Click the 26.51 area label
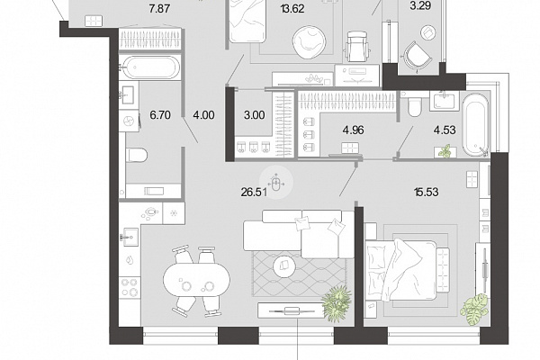tap(254, 192)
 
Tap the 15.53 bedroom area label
tap(427, 192)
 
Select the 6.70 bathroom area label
tap(160, 115)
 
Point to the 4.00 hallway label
tap(204, 115)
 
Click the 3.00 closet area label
tap(255, 115)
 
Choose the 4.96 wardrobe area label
tap(354, 130)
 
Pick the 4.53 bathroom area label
tap(445, 130)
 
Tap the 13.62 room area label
tap(292, 9)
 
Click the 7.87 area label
tap(159, 9)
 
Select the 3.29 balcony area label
tap(421, 6)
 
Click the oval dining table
tap(196, 280)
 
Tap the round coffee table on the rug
tap(284, 265)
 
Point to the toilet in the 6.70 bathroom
tap(137, 155)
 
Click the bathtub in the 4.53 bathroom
tap(475, 125)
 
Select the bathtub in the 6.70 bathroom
tap(151, 67)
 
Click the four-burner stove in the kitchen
tap(130, 287)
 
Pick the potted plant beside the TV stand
tap(337, 303)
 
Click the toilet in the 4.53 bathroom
tap(414, 107)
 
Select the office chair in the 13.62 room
tap(357, 47)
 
